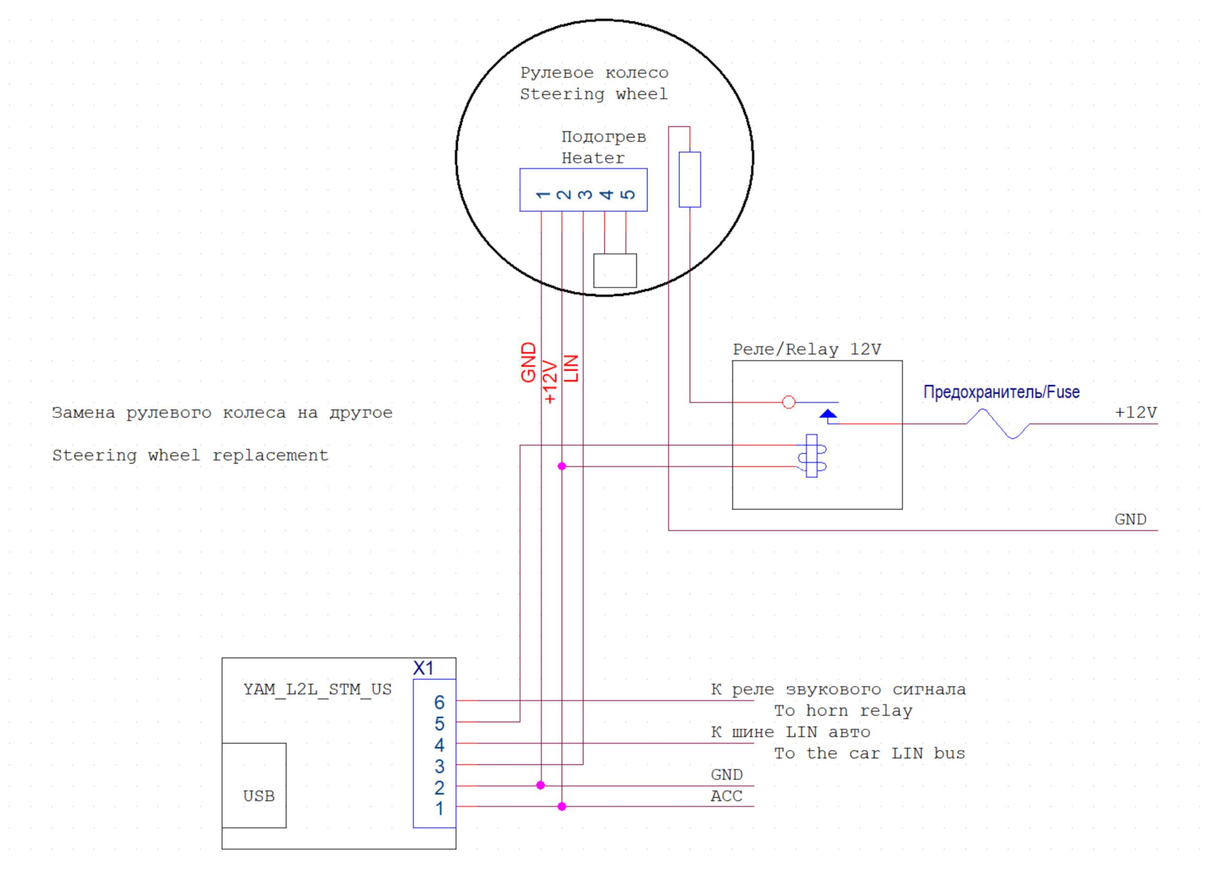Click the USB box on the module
[254, 785]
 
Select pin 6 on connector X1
[439, 702]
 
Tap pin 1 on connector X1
[439, 808]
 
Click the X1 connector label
[423, 668]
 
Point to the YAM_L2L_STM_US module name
[317, 689]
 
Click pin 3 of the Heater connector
[585, 194]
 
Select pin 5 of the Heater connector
[627, 194]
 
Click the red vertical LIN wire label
[571, 368]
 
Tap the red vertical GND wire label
[529, 362]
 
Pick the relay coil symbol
[812, 456]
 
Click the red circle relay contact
[789, 402]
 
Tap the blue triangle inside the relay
[828, 414]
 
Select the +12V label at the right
[1136, 412]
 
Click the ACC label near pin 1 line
[726, 796]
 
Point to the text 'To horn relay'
[843, 710]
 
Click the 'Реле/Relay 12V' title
[807, 349]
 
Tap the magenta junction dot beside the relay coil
[562, 466]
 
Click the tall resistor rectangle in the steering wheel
[690, 179]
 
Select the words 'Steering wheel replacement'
[190, 455]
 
